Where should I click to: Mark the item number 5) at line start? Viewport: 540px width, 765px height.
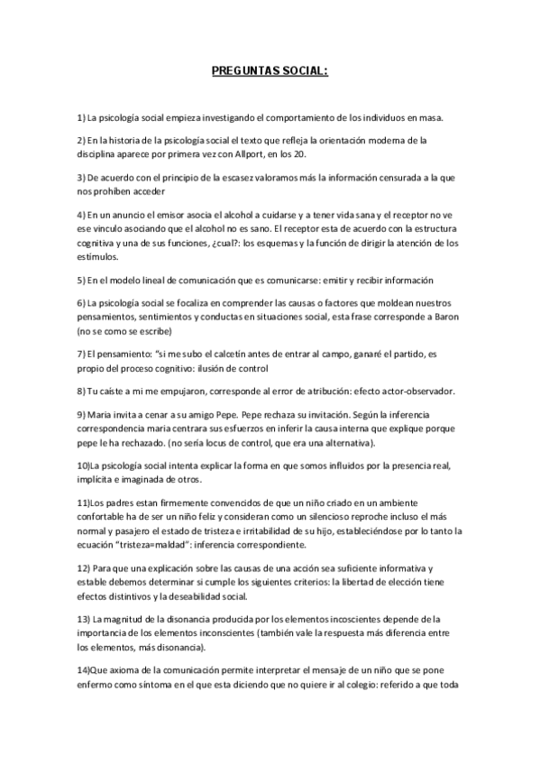(x=81, y=280)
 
